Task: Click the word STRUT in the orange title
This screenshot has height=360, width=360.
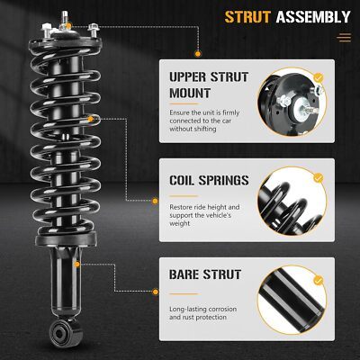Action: pyautogui.click(x=247, y=17)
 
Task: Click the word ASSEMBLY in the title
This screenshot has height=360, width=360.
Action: pyautogui.click(x=313, y=17)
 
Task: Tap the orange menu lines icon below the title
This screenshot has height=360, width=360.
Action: pyautogui.click(x=344, y=38)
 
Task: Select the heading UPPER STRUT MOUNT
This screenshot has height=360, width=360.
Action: pyautogui.click(x=209, y=85)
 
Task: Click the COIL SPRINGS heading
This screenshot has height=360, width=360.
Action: pyautogui.click(x=209, y=180)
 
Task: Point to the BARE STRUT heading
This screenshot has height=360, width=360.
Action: pyautogui.click(x=205, y=274)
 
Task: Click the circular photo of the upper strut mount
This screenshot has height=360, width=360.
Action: pyautogui.click(x=292, y=102)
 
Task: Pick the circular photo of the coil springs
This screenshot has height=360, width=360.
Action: pyautogui.click(x=292, y=201)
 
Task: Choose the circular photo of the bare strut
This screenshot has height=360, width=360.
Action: pyautogui.click(x=292, y=300)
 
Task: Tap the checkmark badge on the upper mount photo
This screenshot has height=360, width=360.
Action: pyautogui.click(x=319, y=78)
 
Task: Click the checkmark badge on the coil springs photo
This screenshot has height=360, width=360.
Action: pyautogui.click(x=319, y=177)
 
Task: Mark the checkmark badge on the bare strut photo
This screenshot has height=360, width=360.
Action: pyautogui.click(x=319, y=281)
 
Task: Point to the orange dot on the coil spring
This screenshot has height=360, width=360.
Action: pyautogui.click(x=91, y=119)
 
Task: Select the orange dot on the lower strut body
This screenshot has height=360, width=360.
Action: pyautogui.click(x=77, y=265)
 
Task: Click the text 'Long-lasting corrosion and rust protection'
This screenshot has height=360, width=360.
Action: pyautogui.click(x=203, y=313)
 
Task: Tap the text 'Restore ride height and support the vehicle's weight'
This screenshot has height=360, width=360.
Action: pyautogui.click(x=204, y=215)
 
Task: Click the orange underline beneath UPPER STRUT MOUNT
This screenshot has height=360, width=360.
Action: pyautogui.click(x=184, y=103)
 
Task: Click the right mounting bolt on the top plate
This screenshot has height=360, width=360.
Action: pyautogui.click(x=94, y=31)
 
